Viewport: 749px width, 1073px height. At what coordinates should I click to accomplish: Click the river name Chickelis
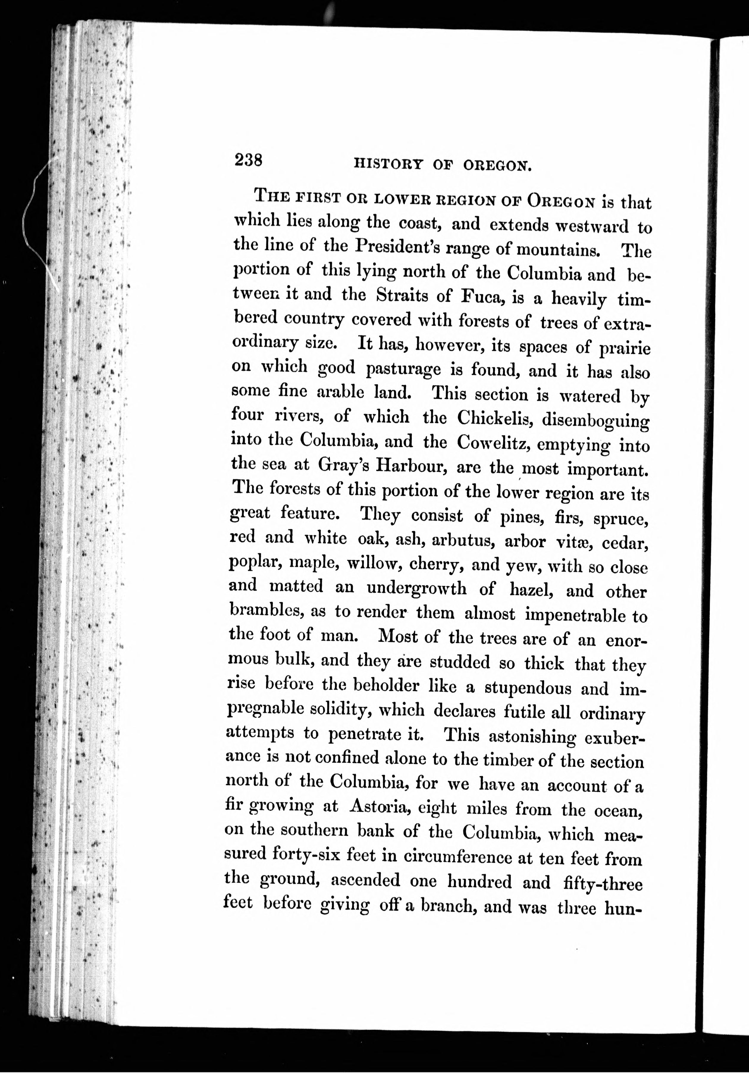495,417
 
